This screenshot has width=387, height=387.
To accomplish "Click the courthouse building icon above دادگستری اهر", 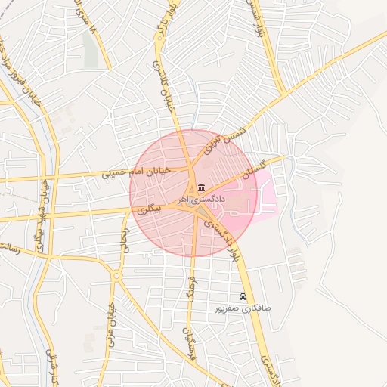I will [x=200, y=187].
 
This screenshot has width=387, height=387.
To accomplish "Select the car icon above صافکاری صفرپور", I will [x=243, y=297].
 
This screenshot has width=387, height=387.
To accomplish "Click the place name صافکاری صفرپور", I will [x=241, y=308].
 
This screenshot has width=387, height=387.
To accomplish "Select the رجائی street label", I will [x=125, y=237].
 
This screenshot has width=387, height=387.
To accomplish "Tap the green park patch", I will [x=91, y=48].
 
